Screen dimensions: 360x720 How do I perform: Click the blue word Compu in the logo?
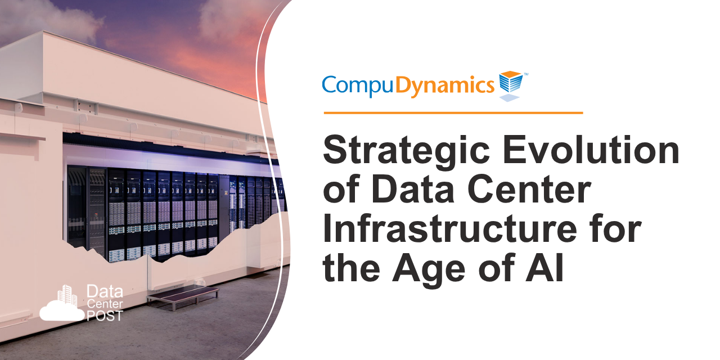[358, 85]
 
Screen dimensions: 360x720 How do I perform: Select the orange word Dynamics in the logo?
[445, 85]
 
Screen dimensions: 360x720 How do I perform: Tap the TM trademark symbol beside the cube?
[526, 74]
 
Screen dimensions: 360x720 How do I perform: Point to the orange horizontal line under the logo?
[453, 112]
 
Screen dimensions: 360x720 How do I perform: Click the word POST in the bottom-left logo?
[105, 316]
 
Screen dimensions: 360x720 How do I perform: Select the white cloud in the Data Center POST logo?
[61, 310]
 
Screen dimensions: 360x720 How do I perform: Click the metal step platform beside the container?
[182, 294]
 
